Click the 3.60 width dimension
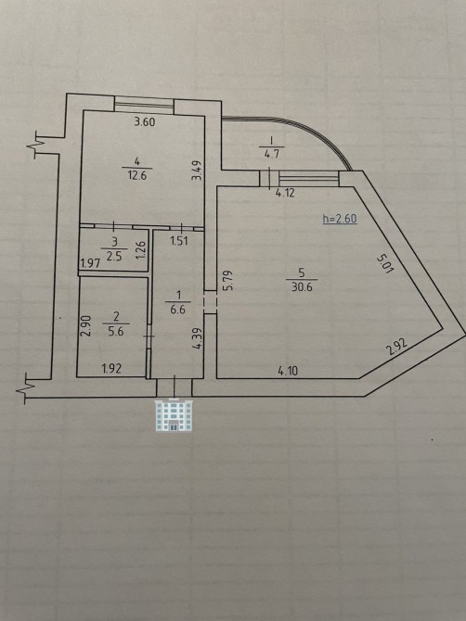pos(145,121)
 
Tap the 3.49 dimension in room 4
pos(197,171)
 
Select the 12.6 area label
pos(136,175)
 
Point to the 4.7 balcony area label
pos(272,153)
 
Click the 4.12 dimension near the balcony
pos(286,194)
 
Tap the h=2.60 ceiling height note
pos(340,219)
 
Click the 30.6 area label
pos(302,286)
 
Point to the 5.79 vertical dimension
pos(227,281)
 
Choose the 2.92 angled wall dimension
pos(396,349)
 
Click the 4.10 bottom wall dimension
pos(288,371)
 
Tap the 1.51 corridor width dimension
pos(179,241)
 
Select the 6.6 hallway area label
pos(177,310)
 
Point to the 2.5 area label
pos(114,256)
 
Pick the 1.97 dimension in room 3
pos(90,263)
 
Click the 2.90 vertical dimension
pos(86,325)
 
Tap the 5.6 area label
pos(116,332)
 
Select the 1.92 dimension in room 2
pos(111,369)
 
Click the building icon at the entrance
pos(175,414)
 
